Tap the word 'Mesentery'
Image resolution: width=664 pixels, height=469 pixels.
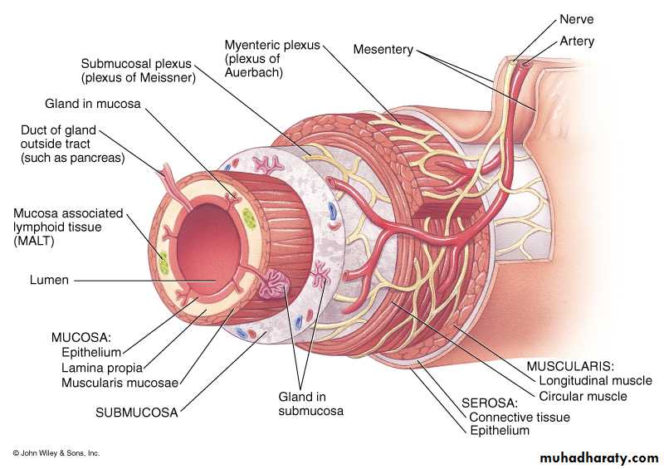pyautogui.click(x=383, y=50)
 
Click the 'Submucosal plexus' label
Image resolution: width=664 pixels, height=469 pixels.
pyautogui.click(x=138, y=64)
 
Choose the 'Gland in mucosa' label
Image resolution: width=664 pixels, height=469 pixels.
pyautogui.click(x=93, y=105)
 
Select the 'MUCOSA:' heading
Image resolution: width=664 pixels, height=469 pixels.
pyautogui.click(x=81, y=338)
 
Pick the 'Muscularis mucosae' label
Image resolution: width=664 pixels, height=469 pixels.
pyautogui.click(x=121, y=383)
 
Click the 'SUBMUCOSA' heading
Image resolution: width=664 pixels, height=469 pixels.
pyautogui.click(x=137, y=411)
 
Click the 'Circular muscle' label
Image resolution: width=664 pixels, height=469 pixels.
pyautogui.click(x=583, y=396)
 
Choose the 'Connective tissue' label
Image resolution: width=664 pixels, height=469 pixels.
pyautogui.click(x=520, y=418)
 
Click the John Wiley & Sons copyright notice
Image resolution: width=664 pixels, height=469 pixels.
pyautogui.click(x=56, y=453)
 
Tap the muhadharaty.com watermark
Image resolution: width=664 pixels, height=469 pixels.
pyautogui.click(x=598, y=457)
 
